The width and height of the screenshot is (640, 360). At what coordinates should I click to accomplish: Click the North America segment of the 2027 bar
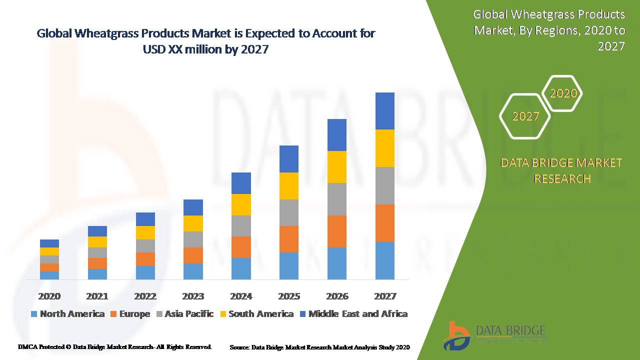point(384,260)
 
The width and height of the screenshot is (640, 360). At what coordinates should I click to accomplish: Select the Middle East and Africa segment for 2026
point(337,135)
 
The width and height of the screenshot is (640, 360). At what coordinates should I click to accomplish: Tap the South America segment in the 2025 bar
point(289,186)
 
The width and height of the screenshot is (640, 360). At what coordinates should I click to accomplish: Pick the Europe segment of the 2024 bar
point(241,247)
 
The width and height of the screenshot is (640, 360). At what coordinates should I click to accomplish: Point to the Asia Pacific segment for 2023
point(193,239)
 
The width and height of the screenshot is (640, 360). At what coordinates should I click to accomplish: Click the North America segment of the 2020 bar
point(49,275)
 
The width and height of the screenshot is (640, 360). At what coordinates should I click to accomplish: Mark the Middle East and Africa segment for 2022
point(145,219)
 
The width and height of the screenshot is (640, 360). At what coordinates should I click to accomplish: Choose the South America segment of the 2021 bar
point(97,242)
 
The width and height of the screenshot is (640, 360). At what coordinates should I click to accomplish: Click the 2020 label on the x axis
point(49,296)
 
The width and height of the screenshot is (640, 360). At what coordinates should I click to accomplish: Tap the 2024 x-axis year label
point(241,296)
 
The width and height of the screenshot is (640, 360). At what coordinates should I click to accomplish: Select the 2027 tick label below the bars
point(385,296)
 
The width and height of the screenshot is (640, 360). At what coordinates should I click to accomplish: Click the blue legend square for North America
point(34,314)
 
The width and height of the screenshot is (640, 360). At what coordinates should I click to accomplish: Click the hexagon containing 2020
point(563,93)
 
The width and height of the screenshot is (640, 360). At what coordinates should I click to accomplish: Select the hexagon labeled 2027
point(525,116)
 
